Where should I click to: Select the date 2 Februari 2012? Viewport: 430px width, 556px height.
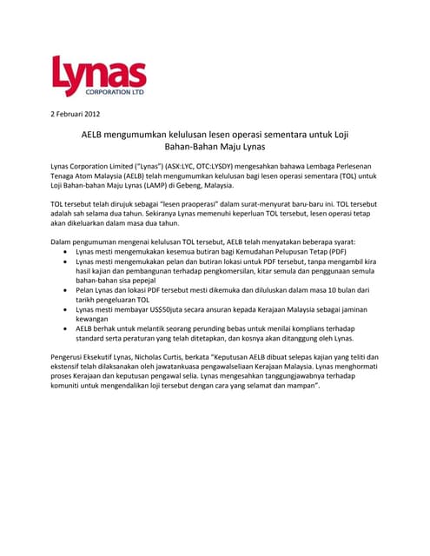click(x=76, y=115)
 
